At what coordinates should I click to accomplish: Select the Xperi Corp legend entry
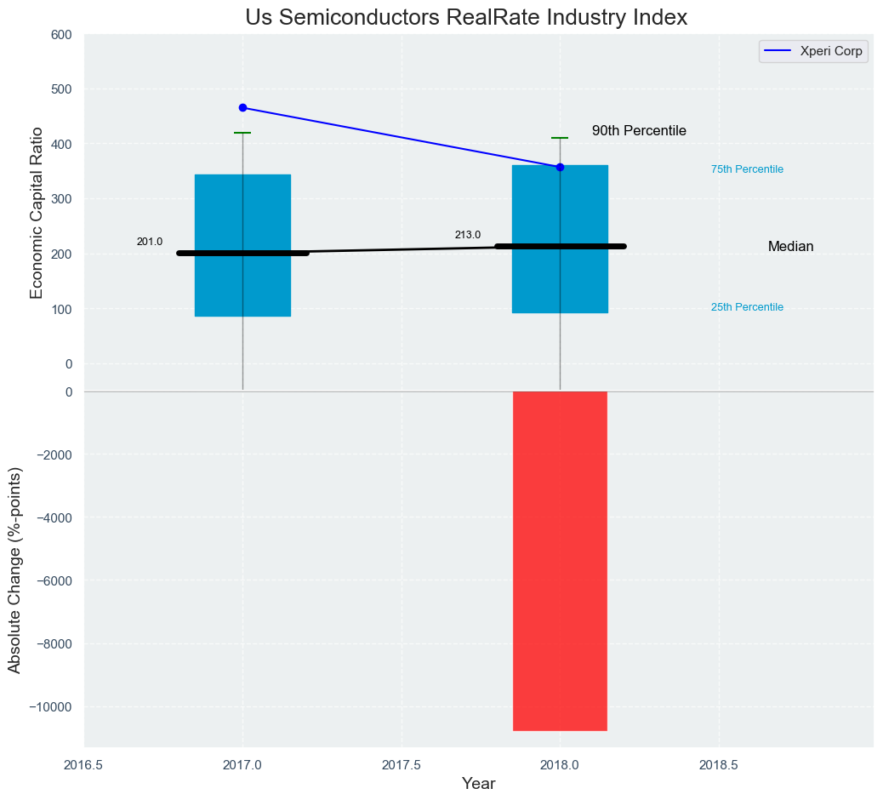tap(813, 51)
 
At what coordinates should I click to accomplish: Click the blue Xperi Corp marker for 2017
tap(242, 108)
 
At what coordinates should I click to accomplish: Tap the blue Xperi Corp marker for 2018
tap(560, 167)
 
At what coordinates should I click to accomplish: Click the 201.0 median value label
tap(150, 242)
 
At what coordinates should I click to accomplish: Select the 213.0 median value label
tap(467, 235)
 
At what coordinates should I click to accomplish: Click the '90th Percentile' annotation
tap(639, 131)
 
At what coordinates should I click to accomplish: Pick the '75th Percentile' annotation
tap(747, 169)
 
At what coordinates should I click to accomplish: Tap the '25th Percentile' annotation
tap(747, 307)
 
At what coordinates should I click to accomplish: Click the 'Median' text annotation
tap(790, 247)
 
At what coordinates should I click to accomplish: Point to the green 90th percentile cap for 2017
tap(242, 133)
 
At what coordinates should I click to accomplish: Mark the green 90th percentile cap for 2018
tap(560, 138)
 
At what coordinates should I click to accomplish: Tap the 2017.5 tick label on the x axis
tap(401, 764)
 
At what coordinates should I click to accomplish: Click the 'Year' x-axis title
tap(478, 784)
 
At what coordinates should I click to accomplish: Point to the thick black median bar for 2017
tap(242, 253)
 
